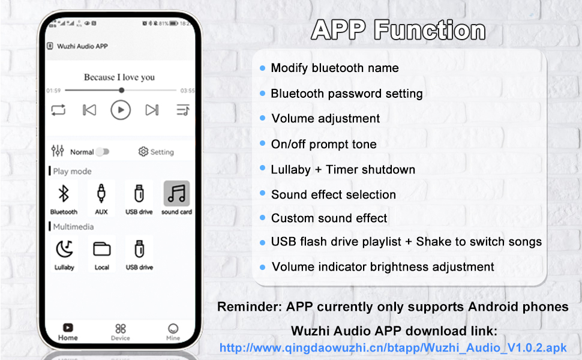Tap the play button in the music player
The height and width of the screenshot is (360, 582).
(121, 110)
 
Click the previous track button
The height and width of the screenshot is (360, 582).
(89, 110)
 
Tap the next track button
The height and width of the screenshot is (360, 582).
(152, 110)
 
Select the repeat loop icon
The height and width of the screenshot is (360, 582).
(58, 110)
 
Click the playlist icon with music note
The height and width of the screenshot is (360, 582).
(183, 110)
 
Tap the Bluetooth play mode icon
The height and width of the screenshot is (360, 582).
(64, 194)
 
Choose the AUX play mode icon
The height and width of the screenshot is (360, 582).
(101, 194)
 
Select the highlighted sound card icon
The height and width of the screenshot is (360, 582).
(176, 193)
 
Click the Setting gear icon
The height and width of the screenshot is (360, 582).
(143, 152)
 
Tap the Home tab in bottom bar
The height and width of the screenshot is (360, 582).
(68, 331)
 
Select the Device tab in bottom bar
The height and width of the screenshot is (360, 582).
(121, 331)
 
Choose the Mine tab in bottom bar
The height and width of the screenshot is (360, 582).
(173, 331)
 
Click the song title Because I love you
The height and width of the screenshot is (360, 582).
(119, 77)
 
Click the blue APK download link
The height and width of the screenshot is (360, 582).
(393, 347)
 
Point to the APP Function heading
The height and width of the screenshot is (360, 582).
(398, 30)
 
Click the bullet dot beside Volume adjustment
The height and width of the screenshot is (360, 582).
(263, 119)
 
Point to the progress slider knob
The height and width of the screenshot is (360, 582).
(122, 90)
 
